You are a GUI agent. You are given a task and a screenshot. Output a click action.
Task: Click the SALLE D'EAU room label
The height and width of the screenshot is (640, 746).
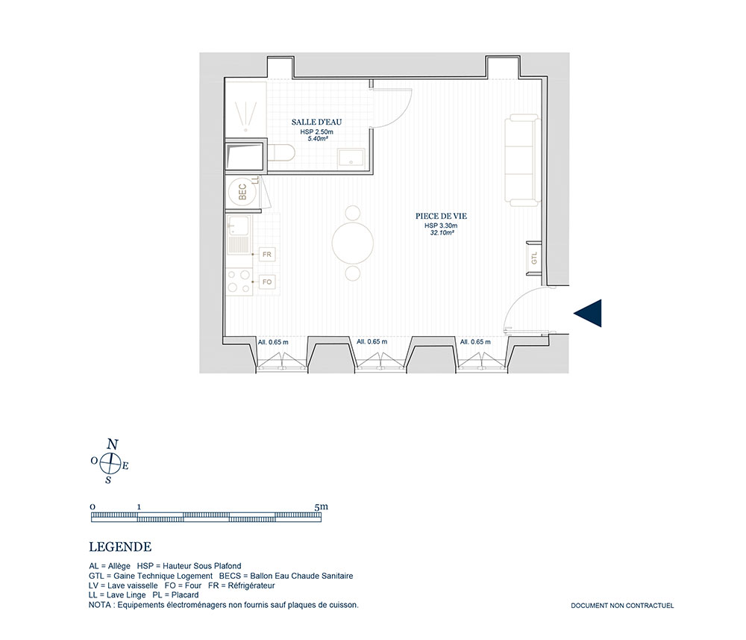pyautogui.click(x=316, y=122)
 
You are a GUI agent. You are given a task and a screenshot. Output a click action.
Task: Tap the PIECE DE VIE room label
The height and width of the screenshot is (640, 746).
pyautogui.click(x=441, y=216)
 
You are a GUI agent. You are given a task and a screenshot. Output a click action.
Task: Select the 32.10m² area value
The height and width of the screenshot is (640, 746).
pyautogui.click(x=442, y=233)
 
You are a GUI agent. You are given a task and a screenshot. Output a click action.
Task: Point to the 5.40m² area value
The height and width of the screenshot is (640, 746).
pyautogui.click(x=317, y=139)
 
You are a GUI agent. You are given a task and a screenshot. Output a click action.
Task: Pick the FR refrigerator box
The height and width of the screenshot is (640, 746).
pyautogui.click(x=267, y=255)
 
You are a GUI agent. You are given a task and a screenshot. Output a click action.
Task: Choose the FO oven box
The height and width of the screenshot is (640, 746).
pyautogui.click(x=267, y=282)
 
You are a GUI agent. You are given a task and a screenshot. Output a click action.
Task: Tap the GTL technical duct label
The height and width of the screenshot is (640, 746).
pyautogui.click(x=534, y=258)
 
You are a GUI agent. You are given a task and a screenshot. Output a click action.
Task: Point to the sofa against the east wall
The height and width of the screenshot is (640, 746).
pyautogui.click(x=523, y=160)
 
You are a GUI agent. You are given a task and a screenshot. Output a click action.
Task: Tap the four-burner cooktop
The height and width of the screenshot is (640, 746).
pyautogui.click(x=239, y=281)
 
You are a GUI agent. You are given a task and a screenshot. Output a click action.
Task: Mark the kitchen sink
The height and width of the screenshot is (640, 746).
pyautogui.click(x=239, y=234)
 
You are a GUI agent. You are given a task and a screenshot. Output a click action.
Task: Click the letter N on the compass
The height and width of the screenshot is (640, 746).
pyautogui.click(x=113, y=445)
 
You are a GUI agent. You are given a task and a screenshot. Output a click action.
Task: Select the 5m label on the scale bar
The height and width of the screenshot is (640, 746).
pyautogui.click(x=322, y=506)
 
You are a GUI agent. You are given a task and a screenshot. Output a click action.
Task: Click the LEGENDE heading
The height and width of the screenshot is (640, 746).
pyautogui.click(x=120, y=547)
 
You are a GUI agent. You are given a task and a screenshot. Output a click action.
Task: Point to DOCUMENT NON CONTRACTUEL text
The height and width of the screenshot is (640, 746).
pyautogui.click(x=622, y=606)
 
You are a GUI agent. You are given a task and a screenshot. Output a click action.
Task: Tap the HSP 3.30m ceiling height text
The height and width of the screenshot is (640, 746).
pyautogui.click(x=441, y=226)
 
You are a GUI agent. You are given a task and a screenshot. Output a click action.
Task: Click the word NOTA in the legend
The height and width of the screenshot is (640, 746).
pyautogui.click(x=99, y=605)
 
